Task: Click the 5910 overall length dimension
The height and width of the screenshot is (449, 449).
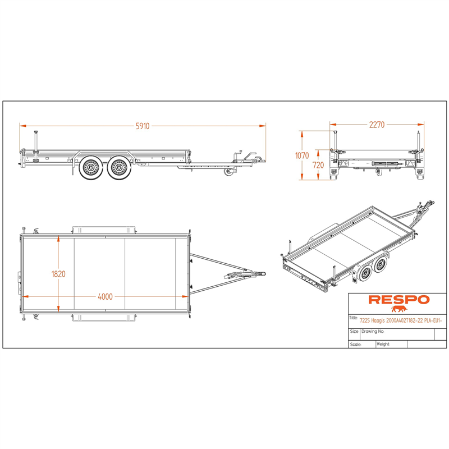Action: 143,126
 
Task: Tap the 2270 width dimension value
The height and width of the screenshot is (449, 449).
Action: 377,125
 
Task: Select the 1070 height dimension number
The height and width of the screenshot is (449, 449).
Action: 302,155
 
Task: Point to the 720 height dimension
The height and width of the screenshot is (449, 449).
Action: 318,165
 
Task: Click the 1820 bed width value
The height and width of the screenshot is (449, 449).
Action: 58,274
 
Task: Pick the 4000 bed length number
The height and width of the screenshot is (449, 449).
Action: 105,297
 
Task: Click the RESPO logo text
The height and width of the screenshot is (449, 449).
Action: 399,300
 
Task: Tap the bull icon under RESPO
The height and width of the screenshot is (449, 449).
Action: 399,309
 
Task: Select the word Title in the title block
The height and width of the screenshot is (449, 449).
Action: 354,318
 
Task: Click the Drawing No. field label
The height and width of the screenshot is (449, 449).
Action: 373,331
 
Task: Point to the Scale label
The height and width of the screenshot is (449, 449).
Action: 355,345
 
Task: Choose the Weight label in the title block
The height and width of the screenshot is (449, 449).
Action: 383,344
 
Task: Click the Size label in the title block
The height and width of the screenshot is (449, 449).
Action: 354,331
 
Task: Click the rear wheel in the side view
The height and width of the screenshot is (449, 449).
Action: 91,167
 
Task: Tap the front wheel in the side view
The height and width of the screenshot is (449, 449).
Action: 119,167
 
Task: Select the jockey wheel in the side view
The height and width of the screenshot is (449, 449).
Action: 229,172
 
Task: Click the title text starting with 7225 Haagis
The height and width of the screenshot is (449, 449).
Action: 401,320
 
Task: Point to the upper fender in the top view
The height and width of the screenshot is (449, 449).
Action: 104,230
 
